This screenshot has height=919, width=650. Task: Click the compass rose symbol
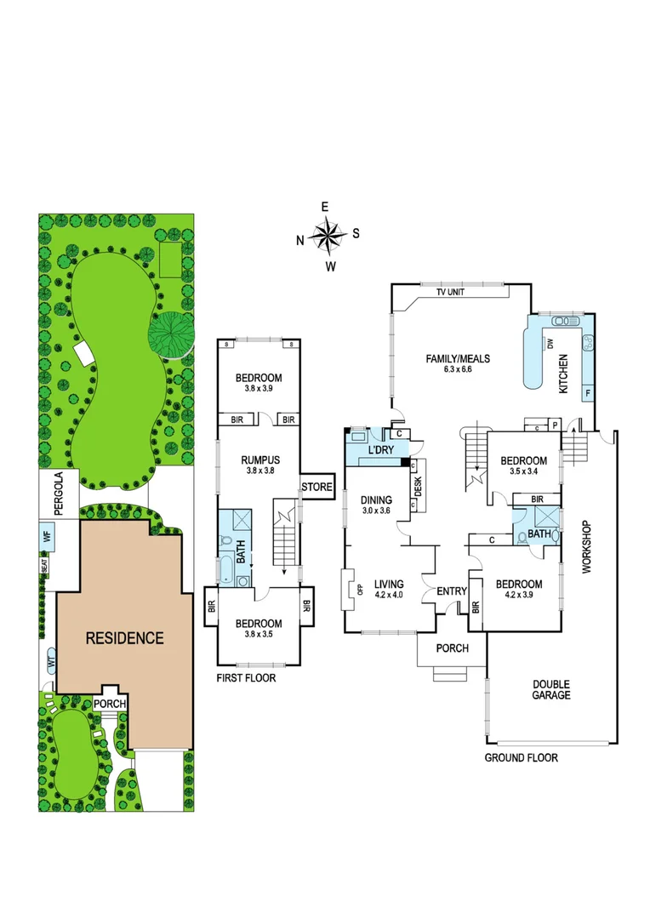click(x=328, y=236)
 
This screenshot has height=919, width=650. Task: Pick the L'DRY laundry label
click(x=381, y=450)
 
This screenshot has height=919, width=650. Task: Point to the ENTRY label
click(x=451, y=591)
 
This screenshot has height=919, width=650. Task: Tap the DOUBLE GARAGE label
click(x=551, y=689)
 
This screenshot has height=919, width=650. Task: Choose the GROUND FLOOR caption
click(x=521, y=757)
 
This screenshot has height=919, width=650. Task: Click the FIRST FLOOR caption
click(x=246, y=678)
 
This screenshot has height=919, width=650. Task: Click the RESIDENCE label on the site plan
click(x=124, y=637)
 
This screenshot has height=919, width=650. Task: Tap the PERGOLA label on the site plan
click(x=59, y=494)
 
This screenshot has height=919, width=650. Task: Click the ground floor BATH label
click(x=539, y=534)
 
